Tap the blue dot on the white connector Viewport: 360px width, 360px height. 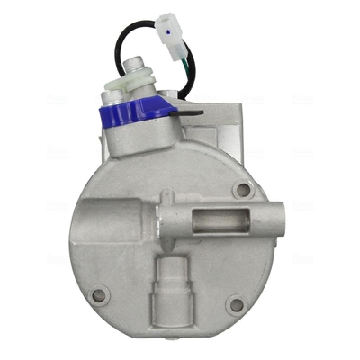tap(168, 32)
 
